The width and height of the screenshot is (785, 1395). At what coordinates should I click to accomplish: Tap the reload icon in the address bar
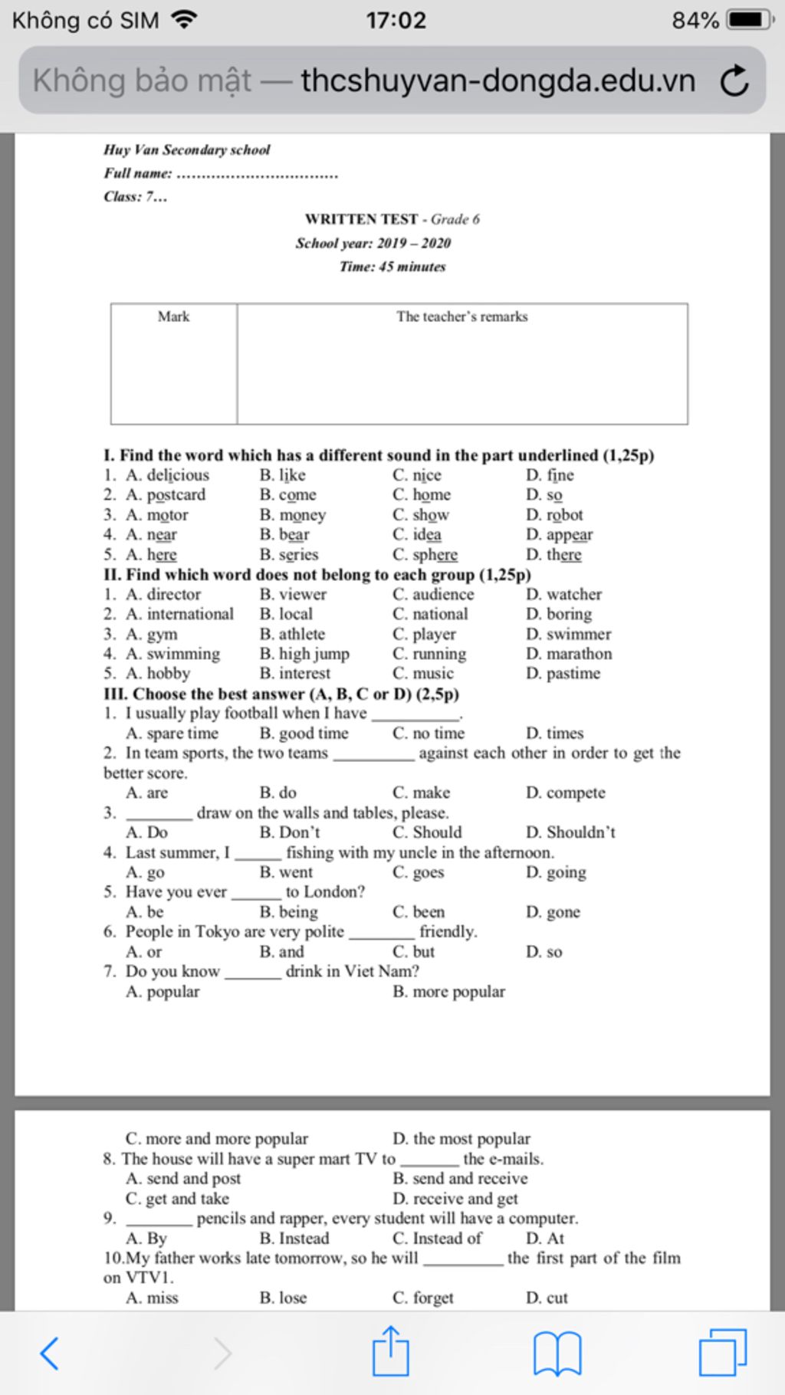[x=734, y=81]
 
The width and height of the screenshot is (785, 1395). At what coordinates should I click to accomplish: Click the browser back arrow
[x=49, y=1353]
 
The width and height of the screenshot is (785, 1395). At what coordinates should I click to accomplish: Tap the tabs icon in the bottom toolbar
[x=722, y=1353]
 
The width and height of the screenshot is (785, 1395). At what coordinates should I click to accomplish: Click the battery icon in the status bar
[x=750, y=19]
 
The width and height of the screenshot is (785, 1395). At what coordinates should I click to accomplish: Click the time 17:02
[x=396, y=19]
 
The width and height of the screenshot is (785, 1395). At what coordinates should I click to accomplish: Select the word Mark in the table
[x=173, y=317]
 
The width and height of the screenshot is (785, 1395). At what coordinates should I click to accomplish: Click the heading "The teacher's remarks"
[x=461, y=317]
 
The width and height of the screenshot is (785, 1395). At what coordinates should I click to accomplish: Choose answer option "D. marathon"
[x=569, y=654]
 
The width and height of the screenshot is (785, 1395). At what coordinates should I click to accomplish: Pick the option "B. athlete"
[x=292, y=634]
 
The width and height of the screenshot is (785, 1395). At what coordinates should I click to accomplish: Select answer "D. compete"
[x=566, y=793]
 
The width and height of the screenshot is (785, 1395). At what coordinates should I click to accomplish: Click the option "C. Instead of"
[x=437, y=1238]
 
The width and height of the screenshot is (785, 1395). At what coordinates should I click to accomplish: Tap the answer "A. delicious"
[x=167, y=475]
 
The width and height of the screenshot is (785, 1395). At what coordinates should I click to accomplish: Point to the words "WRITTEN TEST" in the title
[x=362, y=219]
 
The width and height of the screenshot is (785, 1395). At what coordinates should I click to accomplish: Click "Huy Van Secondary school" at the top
[x=187, y=149]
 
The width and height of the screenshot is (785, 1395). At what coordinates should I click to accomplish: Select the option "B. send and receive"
[x=460, y=1178]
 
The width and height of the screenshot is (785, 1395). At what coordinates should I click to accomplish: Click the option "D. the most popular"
[x=461, y=1138]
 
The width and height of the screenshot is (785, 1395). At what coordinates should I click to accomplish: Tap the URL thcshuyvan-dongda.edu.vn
[x=498, y=81]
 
